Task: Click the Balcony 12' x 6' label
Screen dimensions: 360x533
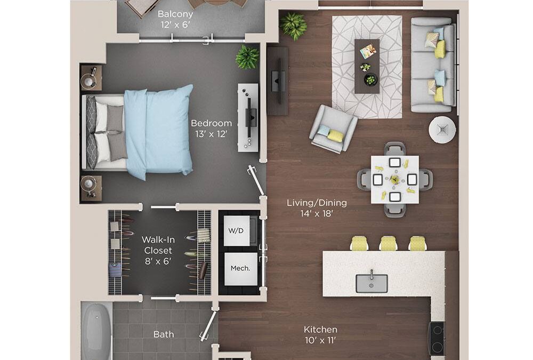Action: click(x=175, y=19)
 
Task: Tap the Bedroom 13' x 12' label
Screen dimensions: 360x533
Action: click(x=212, y=129)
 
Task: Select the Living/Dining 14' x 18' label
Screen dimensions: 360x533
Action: click(x=317, y=209)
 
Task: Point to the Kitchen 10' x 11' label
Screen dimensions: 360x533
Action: click(x=320, y=335)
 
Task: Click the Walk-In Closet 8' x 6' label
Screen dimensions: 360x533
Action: click(x=158, y=250)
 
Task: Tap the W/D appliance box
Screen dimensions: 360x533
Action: click(x=237, y=231)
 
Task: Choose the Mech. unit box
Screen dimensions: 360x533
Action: click(x=240, y=268)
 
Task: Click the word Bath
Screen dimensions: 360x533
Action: click(x=164, y=334)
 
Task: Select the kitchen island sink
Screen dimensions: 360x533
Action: click(x=372, y=283)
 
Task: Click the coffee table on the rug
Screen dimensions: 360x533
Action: click(x=367, y=66)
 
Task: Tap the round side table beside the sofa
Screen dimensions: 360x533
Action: click(x=442, y=129)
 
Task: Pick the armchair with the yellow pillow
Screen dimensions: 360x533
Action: click(x=333, y=128)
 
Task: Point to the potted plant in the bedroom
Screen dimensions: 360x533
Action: click(x=247, y=57)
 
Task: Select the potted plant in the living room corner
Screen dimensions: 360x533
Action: click(x=293, y=25)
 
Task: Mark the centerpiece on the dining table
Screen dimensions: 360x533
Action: click(x=394, y=179)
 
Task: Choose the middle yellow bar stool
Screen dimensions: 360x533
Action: click(x=388, y=244)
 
